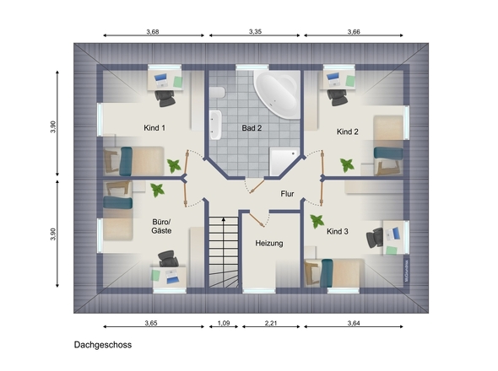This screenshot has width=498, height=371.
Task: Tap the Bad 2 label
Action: (252, 128)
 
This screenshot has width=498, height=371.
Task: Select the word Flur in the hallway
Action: (287, 193)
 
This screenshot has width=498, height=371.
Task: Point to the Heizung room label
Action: (269, 243)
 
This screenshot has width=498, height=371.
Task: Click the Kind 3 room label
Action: (338, 230)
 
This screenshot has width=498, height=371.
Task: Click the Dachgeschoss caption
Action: (102, 345)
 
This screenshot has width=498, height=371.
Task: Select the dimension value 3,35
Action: (256, 31)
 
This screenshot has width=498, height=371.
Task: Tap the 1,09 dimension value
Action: (224, 323)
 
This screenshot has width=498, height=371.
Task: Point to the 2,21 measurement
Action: (270, 323)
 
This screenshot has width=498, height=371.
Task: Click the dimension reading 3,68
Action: (153, 31)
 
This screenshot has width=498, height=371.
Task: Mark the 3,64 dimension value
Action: (355, 323)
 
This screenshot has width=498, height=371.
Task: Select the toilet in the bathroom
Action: (218, 93)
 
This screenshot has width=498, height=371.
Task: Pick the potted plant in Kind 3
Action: (317, 222)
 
